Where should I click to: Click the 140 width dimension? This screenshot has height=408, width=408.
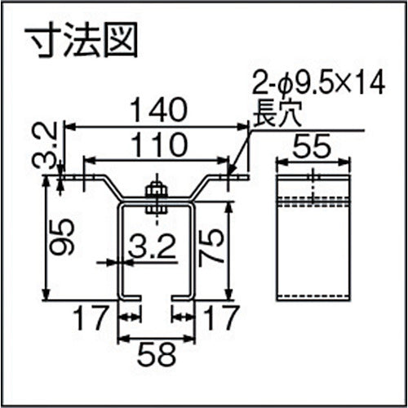coord(156,109)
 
